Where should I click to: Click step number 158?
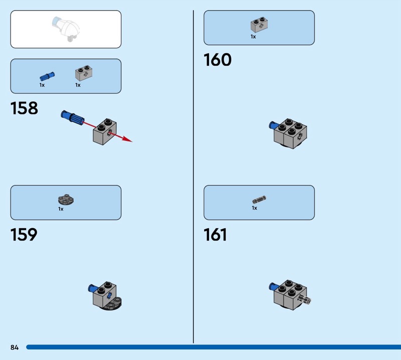pyautogui.click(x=24, y=108)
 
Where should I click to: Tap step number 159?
pyautogui.click(x=24, y=235)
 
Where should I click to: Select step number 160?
pyautogui.click(x=218, y=60)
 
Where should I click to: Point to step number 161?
pyautogui.click(x=215, y=235)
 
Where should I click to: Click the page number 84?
pyautogui.click(x=15, y=347)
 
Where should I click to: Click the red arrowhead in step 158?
pyautogui.click(x=127, y=139)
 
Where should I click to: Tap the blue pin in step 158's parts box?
pyautogui.click(x=47, y=76)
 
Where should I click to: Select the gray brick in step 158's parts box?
pyautogui.click(x=84, y=73)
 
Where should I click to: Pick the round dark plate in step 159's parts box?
pyautogui.click(x=66, y=200)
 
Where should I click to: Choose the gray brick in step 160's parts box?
pyautogui.click(x=259, y=25)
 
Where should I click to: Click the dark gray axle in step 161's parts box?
pyautogui.click(x=259, y=200)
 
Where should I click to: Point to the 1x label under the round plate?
pyautogui.click(x=61, y=209)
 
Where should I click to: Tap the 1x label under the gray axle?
pyautogui.click(x=255, y=208)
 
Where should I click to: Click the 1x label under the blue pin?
pyautogui.click(x=42, y=85)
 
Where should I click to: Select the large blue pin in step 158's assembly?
pyautogui.click(x=73, y=118)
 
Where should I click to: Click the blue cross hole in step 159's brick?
pyautogui.click(x=109, y=296)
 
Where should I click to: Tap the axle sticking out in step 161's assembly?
pyautogui.click(x=305, y=299)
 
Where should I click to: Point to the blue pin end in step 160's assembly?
pyautogui.click(x=273, y=125)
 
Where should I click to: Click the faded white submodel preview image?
pyautogui.click(x=66, y=29)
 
